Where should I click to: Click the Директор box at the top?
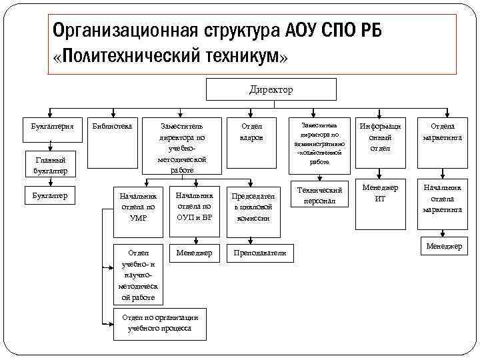click(271, 89)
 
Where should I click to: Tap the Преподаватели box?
click(261, 253)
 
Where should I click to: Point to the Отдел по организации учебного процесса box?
click(157, 323)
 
